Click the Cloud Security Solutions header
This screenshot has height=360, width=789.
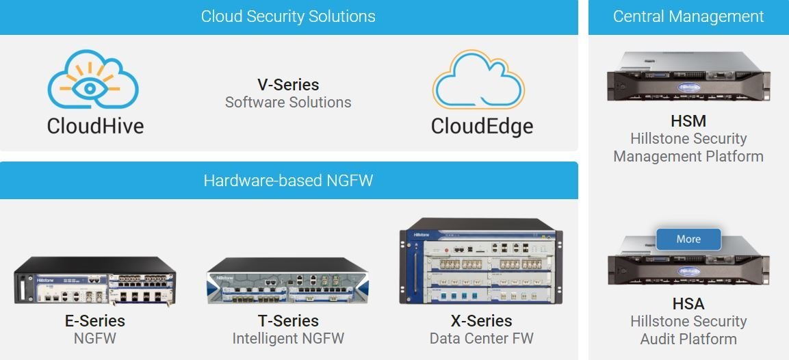tap(288, 16)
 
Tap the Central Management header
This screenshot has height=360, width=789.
tap(688, 16)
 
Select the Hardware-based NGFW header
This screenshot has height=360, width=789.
tap(288, 181)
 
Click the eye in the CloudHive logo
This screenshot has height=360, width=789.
tap(92, 88)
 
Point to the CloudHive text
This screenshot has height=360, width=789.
tap(95, 126)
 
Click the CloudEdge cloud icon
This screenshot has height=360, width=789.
tap(478, 80)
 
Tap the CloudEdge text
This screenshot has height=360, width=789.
tap(482, 126)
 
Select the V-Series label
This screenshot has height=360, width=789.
tap(288, 85)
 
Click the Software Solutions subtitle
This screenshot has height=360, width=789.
tap(288, 103)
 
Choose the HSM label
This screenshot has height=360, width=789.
tap(688, 121)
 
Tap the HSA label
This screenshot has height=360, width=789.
tap(688, 304)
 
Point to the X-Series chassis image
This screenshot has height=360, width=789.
tap(481, 261)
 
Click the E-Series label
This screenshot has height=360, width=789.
tap(95, 321)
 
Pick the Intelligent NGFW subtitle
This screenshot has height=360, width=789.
tap(288, 338)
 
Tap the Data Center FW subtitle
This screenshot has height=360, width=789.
tap(481, 338)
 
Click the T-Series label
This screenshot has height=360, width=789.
tap(288, 321)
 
